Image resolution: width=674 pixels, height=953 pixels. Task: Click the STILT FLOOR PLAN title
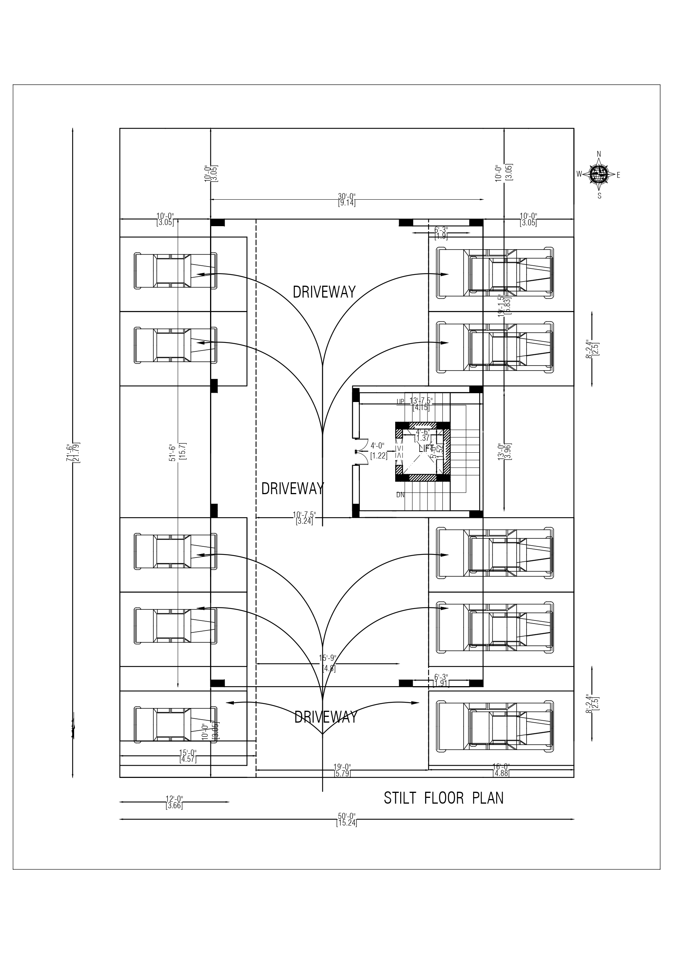tap(444, 798)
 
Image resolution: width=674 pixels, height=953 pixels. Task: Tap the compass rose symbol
tap(599, 175)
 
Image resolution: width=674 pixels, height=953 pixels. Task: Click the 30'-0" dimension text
tap(347, 200)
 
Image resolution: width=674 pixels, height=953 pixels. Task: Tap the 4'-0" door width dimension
tap(378, 450)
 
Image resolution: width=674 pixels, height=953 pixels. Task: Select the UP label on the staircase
tap(400, 401)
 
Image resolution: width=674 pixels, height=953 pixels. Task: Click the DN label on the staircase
tap(400, 495)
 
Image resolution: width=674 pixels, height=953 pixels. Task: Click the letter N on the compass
tap(599, 154)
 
